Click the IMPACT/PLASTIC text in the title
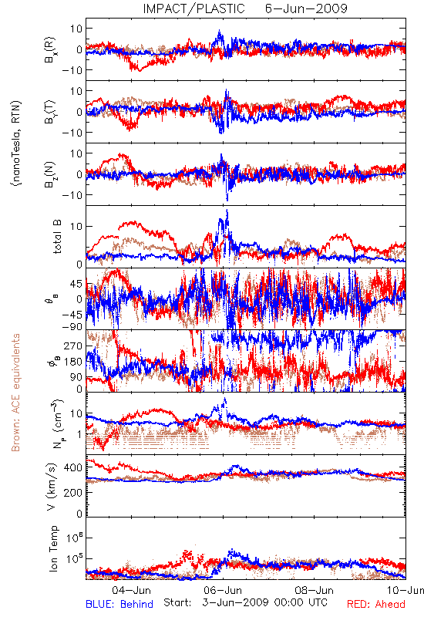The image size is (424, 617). point(193,8)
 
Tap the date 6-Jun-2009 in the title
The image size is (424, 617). point(306,8)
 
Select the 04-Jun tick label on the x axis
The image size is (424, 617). point(131,590)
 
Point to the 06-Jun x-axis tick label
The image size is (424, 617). point(223,590)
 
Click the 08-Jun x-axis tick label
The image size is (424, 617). point(314,590)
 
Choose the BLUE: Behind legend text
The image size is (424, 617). point(119,604)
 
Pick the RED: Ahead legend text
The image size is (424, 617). point(376,604)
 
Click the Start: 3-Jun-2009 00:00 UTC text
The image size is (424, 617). point(245,602)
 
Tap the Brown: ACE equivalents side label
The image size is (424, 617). point(15,393)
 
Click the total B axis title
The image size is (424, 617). point(57,237)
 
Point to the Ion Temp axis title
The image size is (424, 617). point(54,548)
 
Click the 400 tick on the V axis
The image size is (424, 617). point(74,467)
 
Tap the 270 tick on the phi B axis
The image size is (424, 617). point(74,346)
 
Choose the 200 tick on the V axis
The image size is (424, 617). point(74,492)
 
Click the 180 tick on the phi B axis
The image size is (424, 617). point(74,362)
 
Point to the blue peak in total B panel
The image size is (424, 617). point(227,210)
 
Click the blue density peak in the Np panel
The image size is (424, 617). point(224,399)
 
